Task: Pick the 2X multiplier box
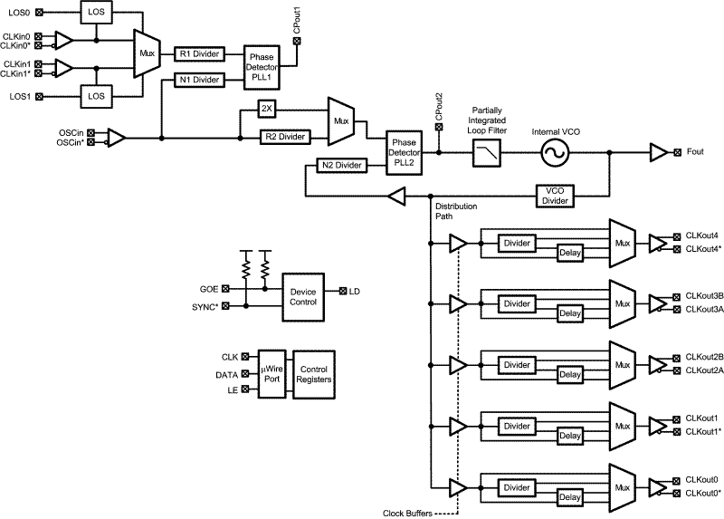point(265,108)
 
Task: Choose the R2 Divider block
point(284,137)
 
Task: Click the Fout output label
point(695,151)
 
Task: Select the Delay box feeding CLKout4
point(570,254)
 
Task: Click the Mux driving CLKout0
point(623,485)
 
